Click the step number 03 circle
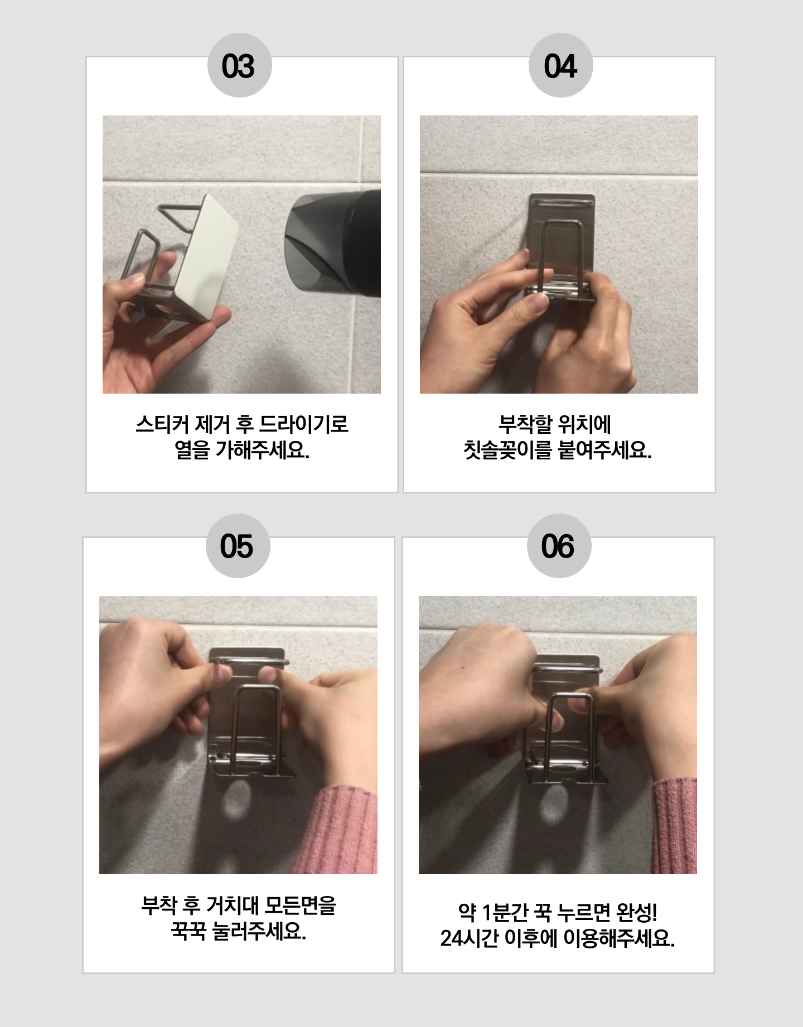pyautogui.click(x=239, y=66)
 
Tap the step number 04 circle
pyautogui.click(x=560, y=66)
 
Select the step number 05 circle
pyautogui.click(x=238, y=546)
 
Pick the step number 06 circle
pyautogui.click(x=559, y=546)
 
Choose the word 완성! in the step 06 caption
pyautogui.click(x=638, y=913)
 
